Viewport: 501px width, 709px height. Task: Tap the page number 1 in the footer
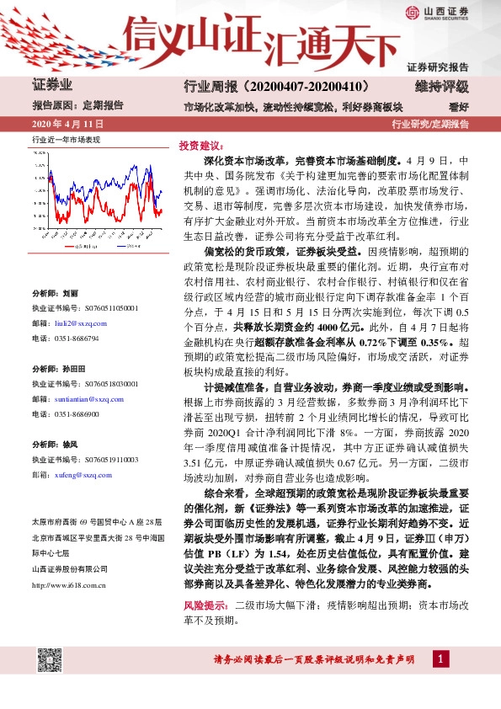440,658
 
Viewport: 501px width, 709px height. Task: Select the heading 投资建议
199,145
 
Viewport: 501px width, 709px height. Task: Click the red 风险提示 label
203,605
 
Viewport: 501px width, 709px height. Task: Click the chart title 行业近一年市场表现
66,139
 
